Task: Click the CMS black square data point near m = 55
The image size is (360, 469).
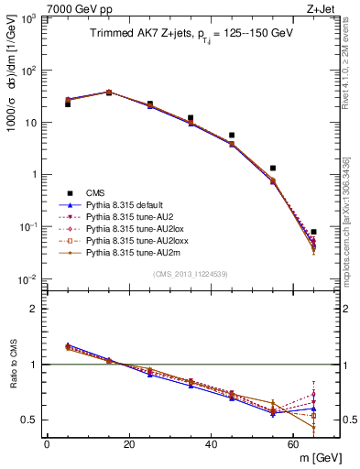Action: pos(273,169)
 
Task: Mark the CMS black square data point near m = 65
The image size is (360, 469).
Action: pos(313,232)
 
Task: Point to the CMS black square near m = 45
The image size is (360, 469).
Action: pos(232,136)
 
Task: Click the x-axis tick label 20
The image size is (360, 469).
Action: pos(129,444)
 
